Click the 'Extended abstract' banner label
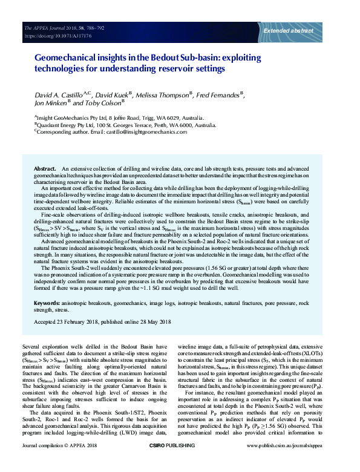[x=288, y=30]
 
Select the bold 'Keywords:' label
[x=47, y=302]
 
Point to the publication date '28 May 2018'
[x=154, y=321]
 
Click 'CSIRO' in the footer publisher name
[x=158, y=463]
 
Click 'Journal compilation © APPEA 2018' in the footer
[x=58, y=463]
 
